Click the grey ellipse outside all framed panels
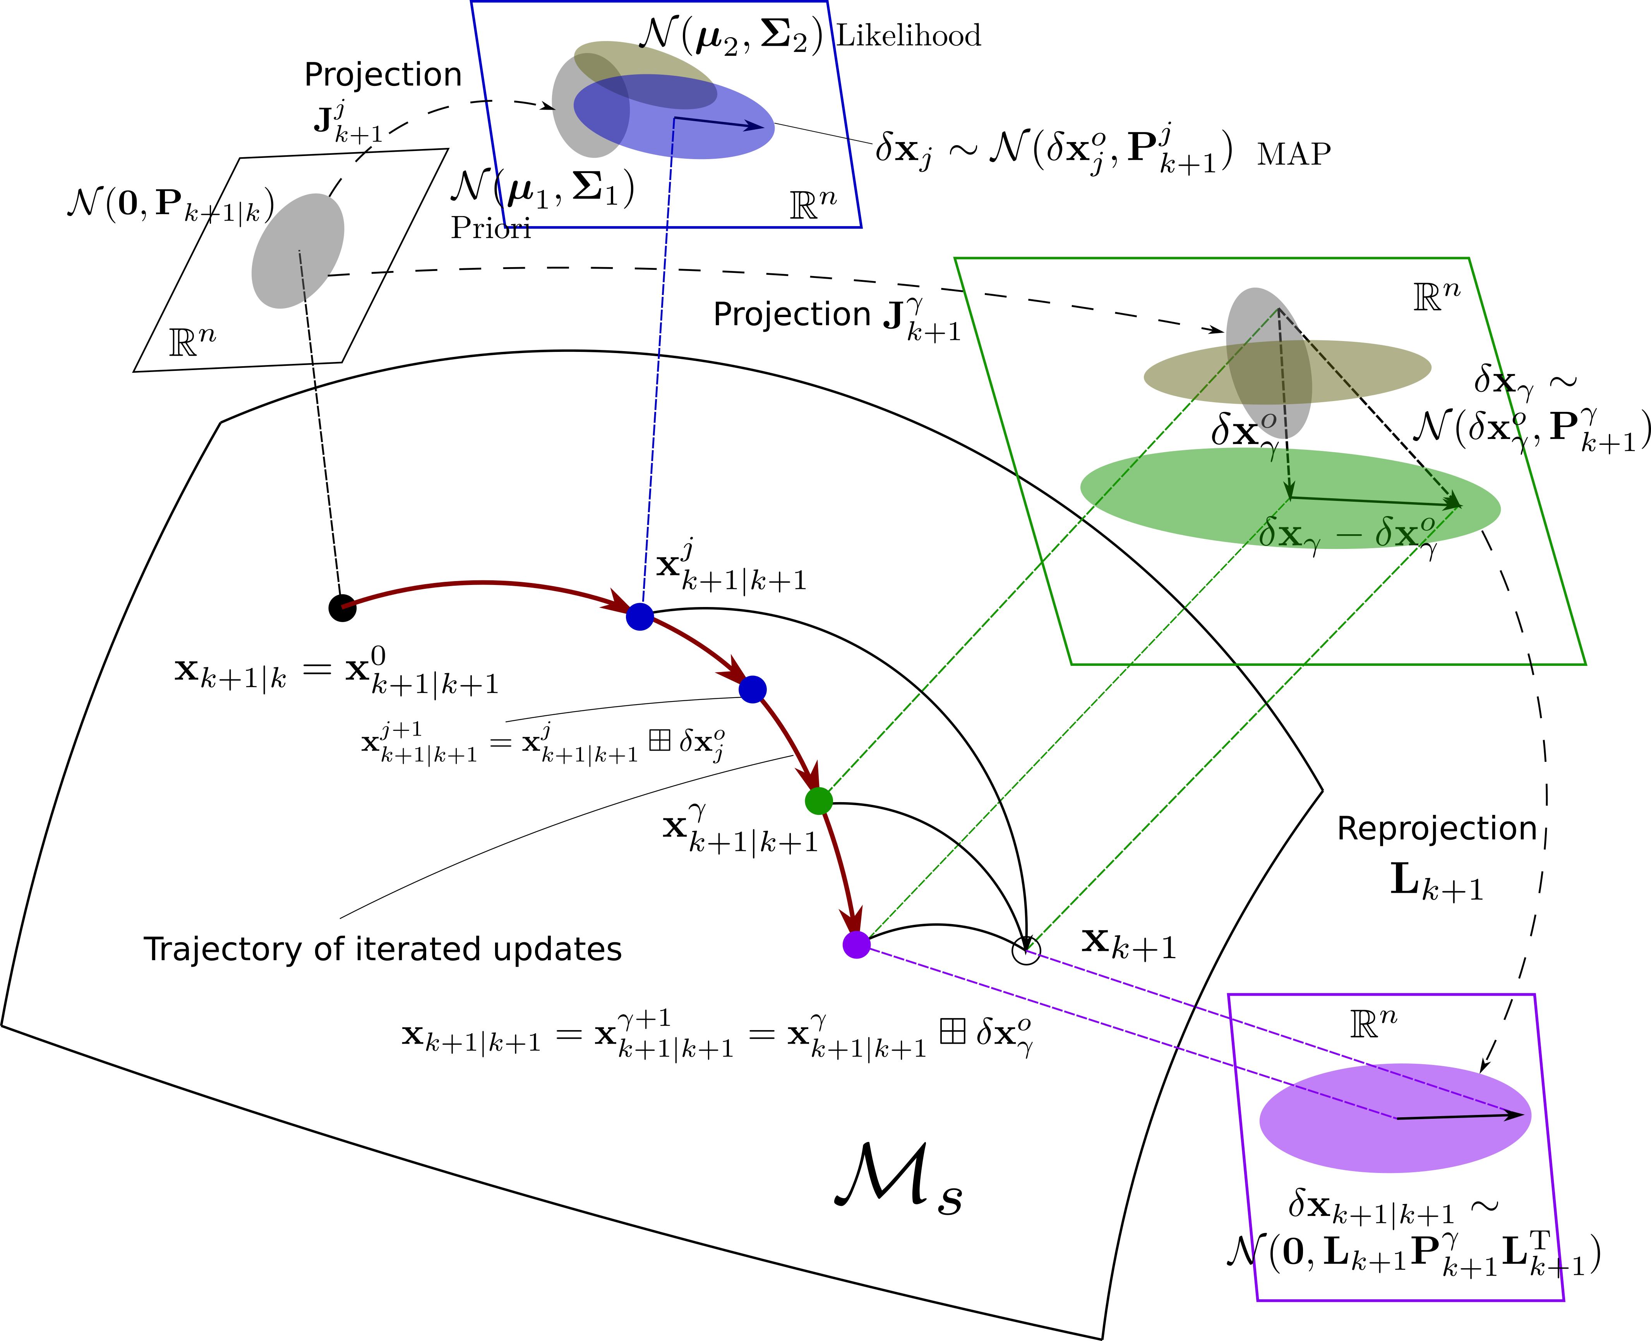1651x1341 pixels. point(297,251)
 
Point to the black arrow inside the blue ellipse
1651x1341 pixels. point(718,123)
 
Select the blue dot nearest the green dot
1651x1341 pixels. point(752,689)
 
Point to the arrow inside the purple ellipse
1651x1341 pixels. point(1459,1116)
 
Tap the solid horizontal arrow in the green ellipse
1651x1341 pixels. point(1375,502)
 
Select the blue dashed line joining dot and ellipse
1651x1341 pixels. point(657,386)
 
